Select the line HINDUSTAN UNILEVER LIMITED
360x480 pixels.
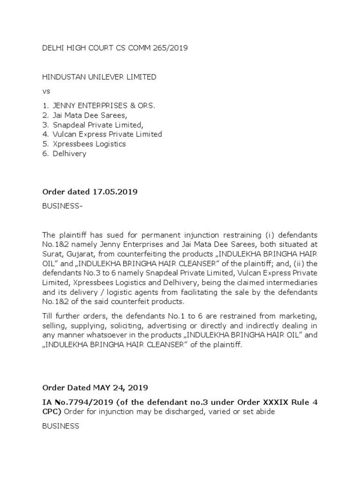99,77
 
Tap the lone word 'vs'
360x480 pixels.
46,91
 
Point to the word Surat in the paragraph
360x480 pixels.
52,253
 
